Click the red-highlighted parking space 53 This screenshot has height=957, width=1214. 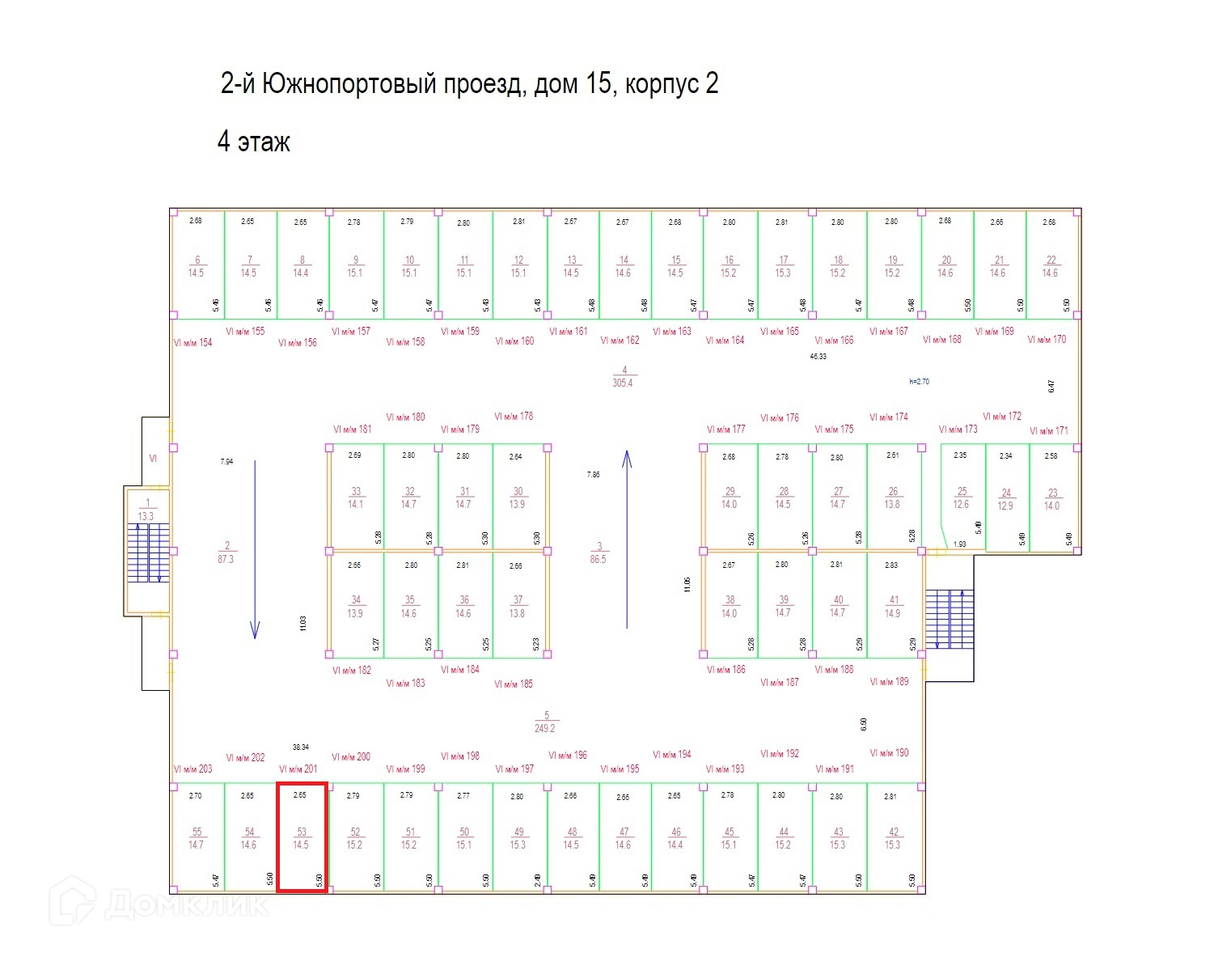(302, 837)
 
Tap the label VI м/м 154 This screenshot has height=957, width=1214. (192, 343)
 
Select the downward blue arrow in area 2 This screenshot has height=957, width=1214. (255, 550)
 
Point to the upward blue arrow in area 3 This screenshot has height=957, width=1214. (627, 540)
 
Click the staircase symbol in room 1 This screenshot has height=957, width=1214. (148, 553)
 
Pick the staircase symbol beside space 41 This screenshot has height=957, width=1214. (950, 619)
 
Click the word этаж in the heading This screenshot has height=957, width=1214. (264, 142)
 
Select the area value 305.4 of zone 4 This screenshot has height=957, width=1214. (623, 383)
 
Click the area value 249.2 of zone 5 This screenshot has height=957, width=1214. (545, 728)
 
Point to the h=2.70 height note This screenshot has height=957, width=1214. (919, 381)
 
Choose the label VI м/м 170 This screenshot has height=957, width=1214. (1047, 340)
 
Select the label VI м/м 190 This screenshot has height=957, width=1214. (889, 753)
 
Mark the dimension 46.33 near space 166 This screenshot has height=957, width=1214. (818, 356)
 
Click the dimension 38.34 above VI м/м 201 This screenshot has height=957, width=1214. (301, 747)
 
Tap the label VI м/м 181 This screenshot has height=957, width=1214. (353, 430)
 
